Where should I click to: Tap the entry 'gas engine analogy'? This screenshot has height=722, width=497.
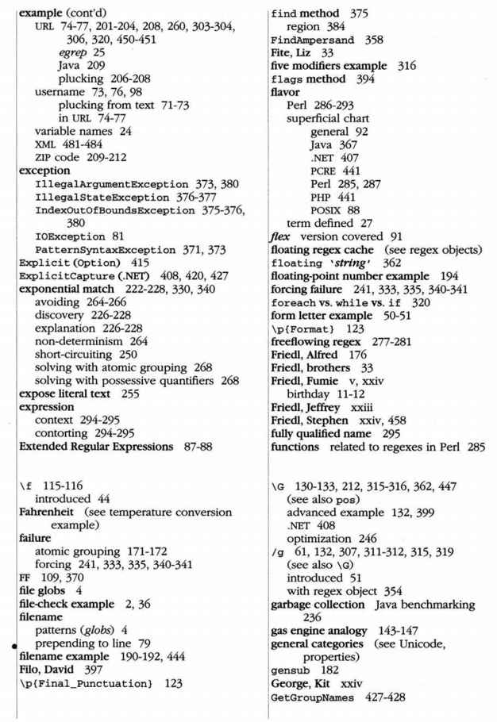click(323, 624)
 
